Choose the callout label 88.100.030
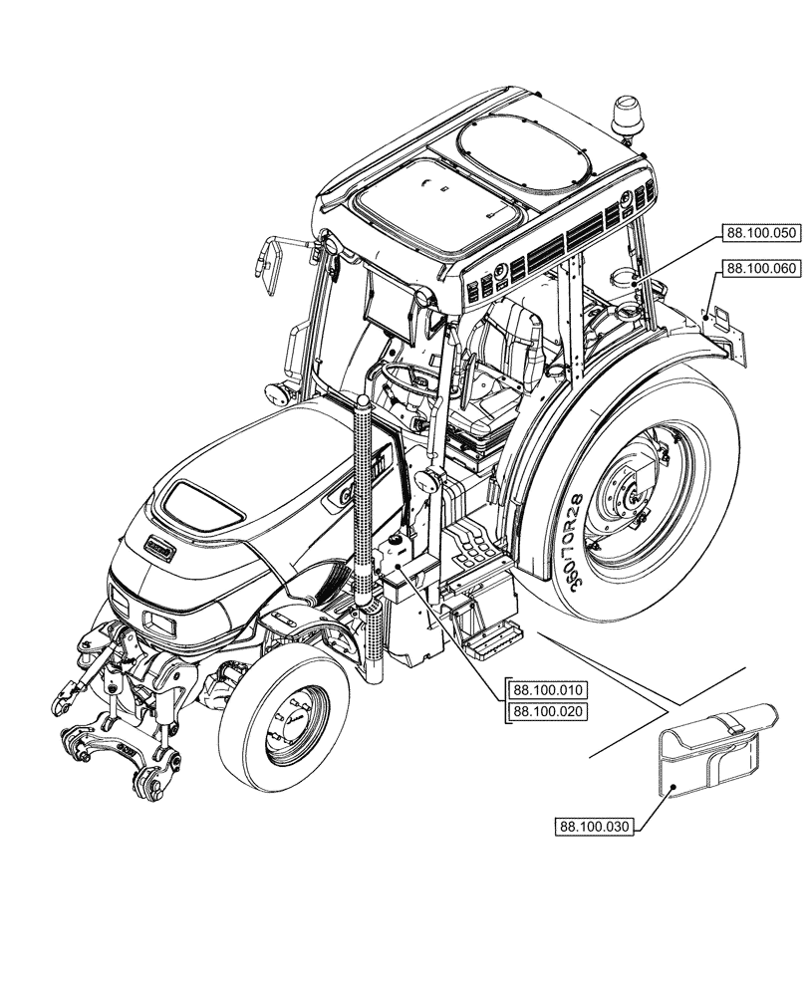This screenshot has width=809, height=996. (x=596, y=827)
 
